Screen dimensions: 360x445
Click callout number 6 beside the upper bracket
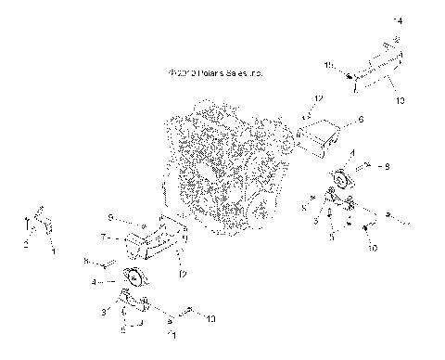click(361, 120)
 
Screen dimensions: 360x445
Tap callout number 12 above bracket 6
click(319, 97)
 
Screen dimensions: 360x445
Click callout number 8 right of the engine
click(388, 166)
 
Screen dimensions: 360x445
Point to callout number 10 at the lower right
click(373, 249)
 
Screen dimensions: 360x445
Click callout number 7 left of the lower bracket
click(103, 238)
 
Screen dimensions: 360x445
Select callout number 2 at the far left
click(26, 244)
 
